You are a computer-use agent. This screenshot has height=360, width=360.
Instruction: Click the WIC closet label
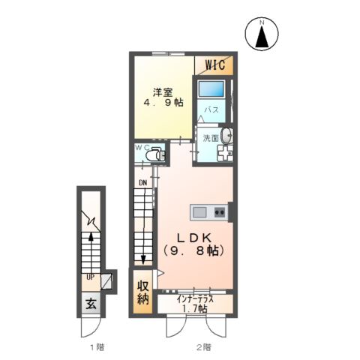click(215, 65)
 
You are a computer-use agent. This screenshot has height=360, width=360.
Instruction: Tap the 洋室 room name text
click(163, 92)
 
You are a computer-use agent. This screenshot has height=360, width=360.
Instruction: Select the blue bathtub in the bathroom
click(211, 88)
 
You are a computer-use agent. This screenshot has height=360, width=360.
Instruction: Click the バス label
click(211, 109)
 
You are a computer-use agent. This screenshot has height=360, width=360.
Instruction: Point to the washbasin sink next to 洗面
click(227, 136)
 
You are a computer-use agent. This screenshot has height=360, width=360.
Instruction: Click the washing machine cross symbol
click(225, 153)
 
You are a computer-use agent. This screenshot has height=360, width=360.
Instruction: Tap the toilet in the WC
click(155, 154)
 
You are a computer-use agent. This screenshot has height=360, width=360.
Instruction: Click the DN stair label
click(143, 183)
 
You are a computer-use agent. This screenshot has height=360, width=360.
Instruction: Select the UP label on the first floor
click(90, 277)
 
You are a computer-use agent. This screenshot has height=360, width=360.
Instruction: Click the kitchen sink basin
click(199, 212)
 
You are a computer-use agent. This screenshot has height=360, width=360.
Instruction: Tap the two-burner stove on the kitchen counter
click(220, 213)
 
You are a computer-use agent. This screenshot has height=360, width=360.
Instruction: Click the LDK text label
click(194, 238)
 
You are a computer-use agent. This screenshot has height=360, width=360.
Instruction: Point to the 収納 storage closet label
click(143, 292)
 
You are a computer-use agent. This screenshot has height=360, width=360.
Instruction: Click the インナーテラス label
click(195, 299)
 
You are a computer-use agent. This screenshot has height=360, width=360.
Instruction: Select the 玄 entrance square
click(91, 304)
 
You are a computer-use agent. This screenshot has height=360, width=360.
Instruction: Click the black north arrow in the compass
click(262, 37)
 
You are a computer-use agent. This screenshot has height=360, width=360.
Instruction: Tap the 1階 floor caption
click(97, 347)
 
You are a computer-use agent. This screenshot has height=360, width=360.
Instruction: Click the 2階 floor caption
click(203, 347)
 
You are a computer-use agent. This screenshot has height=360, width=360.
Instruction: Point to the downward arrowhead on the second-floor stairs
click(143, 260)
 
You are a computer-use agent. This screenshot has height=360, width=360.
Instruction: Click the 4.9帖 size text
click(163, 103)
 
